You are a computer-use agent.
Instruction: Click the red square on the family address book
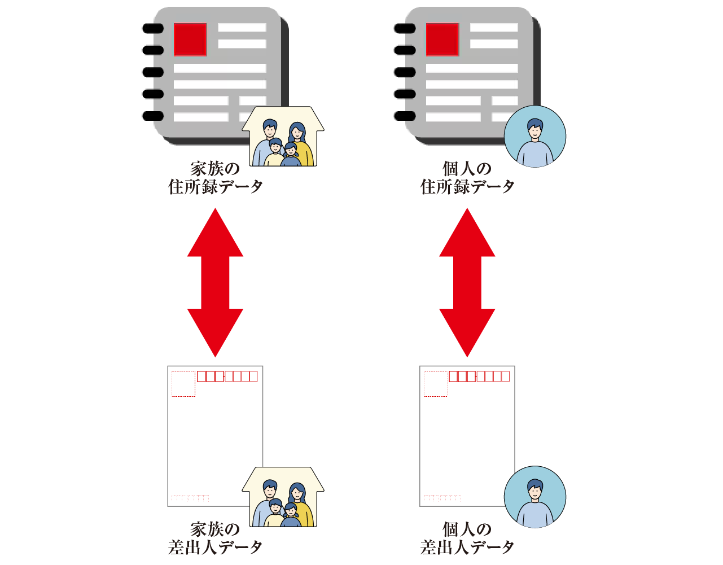point(190,40)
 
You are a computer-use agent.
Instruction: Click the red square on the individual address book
point(442,40)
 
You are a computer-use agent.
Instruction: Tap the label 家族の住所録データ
point(215,178)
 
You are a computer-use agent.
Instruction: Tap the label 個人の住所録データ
point(467,178)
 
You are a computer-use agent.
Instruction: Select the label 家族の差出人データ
point(215,538)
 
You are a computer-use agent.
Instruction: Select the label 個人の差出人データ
point(467,538)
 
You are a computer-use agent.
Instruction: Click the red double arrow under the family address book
point(215,282)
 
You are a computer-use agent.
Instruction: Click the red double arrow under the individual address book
point(467,282)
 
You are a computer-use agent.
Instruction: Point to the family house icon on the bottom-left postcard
point(283,497)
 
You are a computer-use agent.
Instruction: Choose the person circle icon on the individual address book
point(534,137)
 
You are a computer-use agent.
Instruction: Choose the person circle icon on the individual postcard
point(534,497)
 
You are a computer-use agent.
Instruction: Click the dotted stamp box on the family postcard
point(183,384)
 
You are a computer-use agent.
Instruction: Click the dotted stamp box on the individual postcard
point(435,384)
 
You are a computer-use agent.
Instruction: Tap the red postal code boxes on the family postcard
point(227,376)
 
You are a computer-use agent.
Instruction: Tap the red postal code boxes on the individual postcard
point(479,376)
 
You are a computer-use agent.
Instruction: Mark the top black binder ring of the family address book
point(152,28)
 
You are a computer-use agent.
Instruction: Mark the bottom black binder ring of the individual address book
point(405,116)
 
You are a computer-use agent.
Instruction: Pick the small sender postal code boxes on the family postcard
point(190,498)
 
